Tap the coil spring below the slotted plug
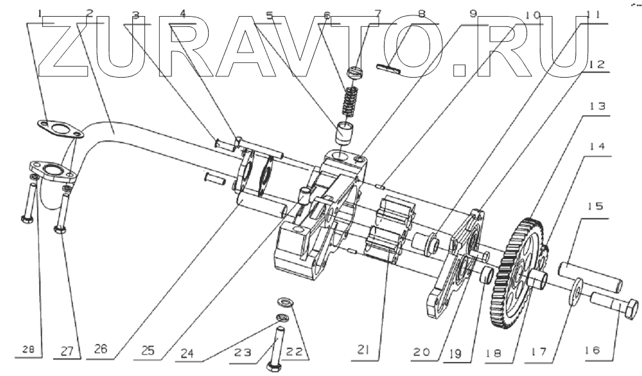(347, 99)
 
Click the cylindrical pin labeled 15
(589, 274)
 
